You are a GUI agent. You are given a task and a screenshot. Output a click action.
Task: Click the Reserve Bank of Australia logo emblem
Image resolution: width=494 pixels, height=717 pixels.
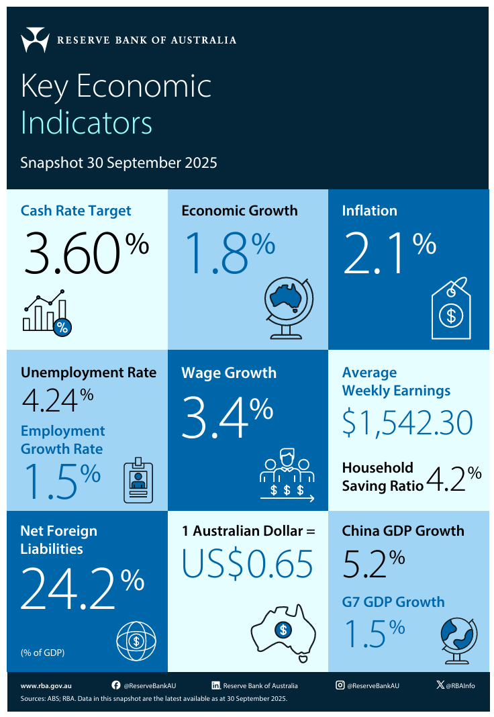35,40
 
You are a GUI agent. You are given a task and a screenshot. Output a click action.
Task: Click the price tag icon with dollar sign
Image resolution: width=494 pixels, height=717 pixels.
451,309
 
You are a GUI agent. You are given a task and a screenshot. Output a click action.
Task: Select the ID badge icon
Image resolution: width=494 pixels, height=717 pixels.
139,481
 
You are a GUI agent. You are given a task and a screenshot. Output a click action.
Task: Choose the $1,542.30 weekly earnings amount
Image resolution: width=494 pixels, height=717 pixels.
407,422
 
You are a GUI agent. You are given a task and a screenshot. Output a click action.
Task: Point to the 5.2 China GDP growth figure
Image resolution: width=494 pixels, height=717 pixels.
365,565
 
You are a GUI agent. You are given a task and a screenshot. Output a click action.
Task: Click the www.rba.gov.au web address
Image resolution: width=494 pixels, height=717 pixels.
46,685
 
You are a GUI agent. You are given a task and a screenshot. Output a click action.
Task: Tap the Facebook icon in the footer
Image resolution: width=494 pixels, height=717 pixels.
116,685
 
